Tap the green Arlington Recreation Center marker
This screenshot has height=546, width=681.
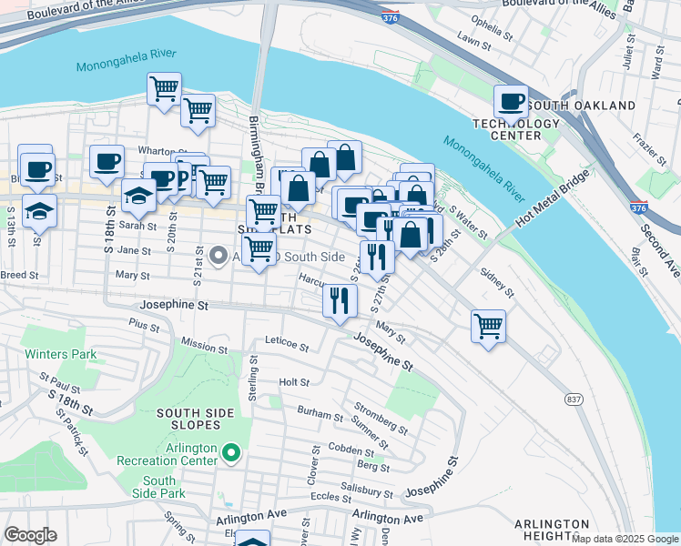coord(231,452)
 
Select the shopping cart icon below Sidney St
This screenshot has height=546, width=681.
coord(488,324)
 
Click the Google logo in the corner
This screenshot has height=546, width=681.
coord(30,535)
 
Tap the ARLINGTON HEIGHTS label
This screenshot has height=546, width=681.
coord(551,531)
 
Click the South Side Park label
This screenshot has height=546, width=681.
coord(158,487)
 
